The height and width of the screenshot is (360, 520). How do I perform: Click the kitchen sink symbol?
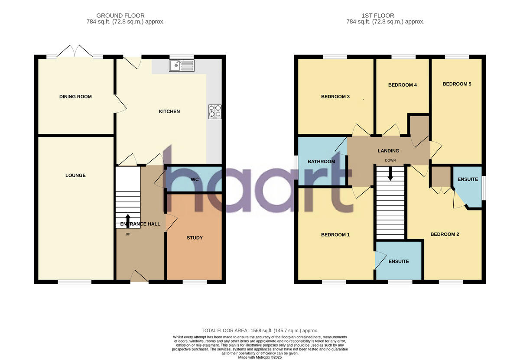coord(182,65)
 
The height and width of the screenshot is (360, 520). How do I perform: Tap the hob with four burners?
coord(215,111)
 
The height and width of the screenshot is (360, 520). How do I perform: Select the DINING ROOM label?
coord(75,97)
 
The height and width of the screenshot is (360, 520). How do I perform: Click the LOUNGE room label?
coord(75,175)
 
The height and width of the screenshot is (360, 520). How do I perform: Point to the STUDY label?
coord(195,238)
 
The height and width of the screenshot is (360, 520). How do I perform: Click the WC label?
coord(195,179)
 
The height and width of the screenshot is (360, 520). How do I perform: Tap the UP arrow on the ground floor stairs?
coord(128,219)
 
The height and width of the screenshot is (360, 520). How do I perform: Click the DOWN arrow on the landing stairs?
coord(390,174)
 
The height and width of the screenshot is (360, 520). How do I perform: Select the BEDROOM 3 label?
coord(335,97)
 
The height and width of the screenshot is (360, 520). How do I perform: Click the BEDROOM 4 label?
coord(402,85)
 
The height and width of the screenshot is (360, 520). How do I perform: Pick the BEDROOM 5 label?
coord(457,84)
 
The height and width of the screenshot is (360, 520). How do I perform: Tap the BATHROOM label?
coord(321,162)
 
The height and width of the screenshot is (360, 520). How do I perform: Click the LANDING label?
coord(388,151)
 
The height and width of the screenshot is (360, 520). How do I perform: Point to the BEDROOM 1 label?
coord(335,235)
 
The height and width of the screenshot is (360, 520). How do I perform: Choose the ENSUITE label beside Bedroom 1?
coord(398,262)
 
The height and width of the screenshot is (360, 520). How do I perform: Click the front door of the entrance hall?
coord(139,277)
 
